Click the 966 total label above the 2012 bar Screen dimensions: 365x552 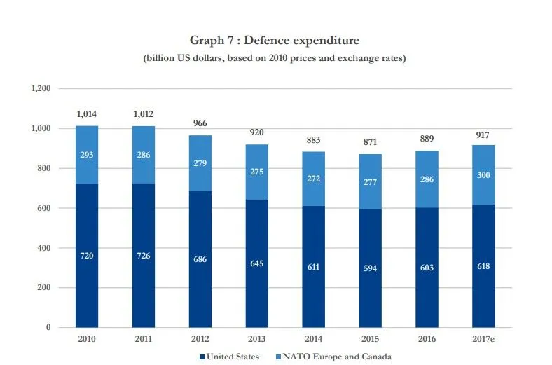(x=200, y=123)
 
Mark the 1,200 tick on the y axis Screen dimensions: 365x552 (x=41, y=89)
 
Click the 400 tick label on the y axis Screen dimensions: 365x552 (x=45, y=248)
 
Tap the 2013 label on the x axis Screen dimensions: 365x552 (x=257, y=339)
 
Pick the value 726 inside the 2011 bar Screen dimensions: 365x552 (x=144, y=256)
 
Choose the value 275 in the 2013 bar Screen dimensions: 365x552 (x=257, y=172)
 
